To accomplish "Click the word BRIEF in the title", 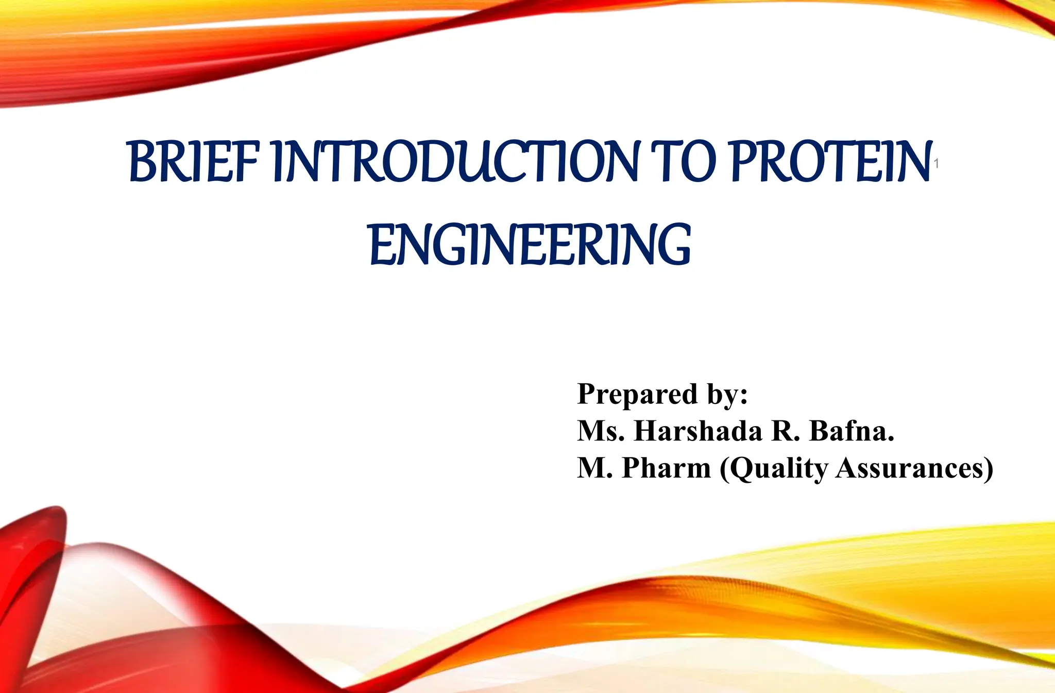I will click(x=193, y=162).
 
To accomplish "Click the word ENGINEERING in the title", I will click(x=530, y=245).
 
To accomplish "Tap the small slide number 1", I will click(x=937, y=164).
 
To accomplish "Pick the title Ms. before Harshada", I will click(x=601, y=431).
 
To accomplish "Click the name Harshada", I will click(x=698, y=431).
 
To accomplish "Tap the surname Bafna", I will click(x=852, y=431).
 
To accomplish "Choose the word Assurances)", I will click(x=914, y=468).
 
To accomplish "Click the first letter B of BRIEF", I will click(x=143, y=162).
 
